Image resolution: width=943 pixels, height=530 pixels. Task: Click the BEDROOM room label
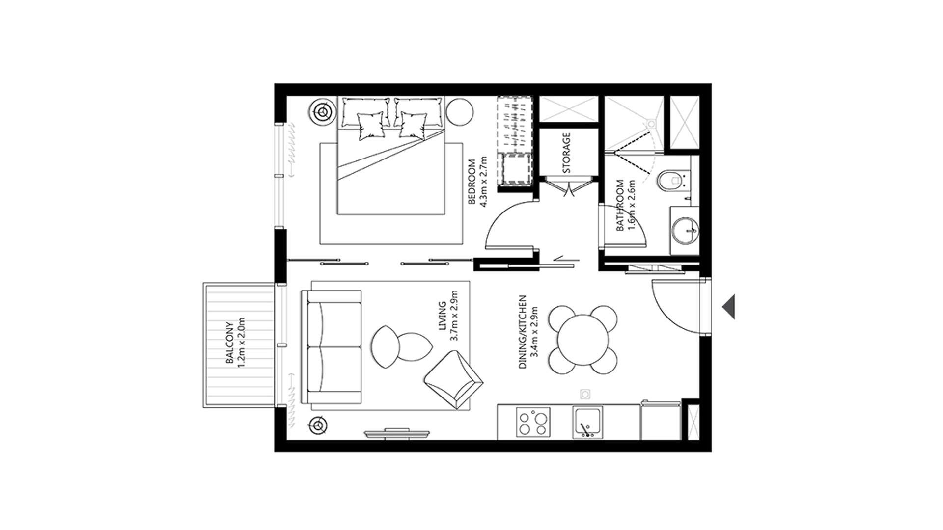(472, 182)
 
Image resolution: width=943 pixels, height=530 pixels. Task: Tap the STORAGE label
(567, 153)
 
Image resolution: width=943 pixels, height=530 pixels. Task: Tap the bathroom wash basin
(685, 231)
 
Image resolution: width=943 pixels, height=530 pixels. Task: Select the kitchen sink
(588, 422)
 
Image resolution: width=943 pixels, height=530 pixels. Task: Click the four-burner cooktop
(533, 423)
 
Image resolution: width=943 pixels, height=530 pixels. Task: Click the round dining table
(582, 339)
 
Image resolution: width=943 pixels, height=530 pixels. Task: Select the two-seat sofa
(332, 347)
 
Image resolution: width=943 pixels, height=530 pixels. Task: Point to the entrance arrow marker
(729, 307)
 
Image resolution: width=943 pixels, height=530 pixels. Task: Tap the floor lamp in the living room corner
(319, 425)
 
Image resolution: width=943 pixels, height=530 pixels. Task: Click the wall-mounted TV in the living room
(397, 433)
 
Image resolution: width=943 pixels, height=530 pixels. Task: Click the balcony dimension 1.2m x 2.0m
(240, 343)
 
